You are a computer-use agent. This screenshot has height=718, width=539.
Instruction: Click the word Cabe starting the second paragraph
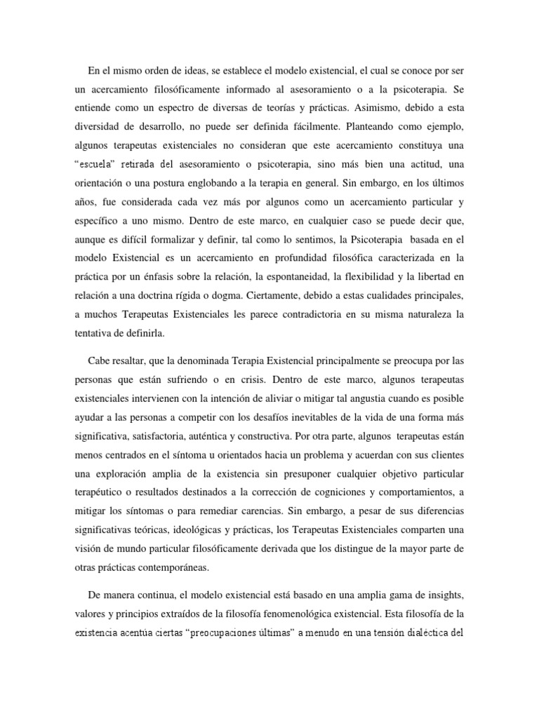pyautogui.click(x=100, y=360)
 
